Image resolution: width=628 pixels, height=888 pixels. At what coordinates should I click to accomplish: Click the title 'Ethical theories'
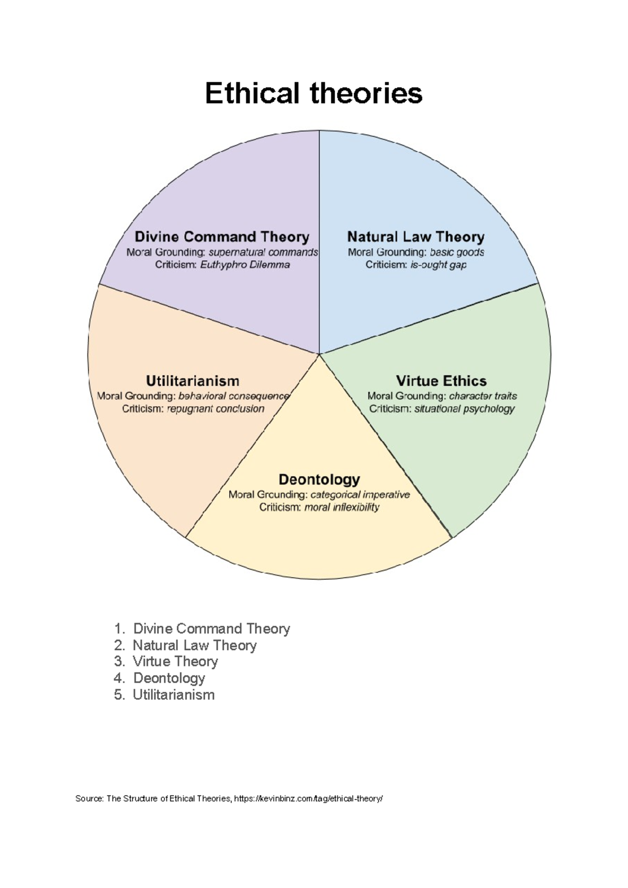[313, 93]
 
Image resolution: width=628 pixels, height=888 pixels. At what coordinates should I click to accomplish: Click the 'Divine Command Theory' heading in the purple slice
[222, 237]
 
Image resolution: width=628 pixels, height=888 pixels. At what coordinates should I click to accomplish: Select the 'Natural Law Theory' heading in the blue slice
[416, 237]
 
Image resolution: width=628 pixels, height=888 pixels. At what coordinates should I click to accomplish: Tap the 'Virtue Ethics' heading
[441, 381]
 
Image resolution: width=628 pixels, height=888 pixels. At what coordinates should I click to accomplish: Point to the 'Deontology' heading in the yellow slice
[319, 479]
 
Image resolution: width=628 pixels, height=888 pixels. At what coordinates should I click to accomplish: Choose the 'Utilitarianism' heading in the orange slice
[193, 381]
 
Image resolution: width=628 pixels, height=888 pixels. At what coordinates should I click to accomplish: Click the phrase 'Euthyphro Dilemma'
[245, 265]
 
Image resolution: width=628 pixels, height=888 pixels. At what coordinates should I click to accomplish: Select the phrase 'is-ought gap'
[438, 265]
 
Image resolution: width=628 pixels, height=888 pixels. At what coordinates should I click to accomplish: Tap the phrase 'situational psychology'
[464, 409]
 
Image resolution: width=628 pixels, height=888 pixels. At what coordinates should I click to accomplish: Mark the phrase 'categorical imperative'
[360, 495]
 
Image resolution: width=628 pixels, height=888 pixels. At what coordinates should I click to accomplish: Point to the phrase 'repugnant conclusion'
[216, 409]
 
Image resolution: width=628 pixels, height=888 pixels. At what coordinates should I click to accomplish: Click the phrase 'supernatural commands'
[263, 252]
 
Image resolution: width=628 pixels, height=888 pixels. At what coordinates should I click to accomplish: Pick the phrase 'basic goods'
[457, 252]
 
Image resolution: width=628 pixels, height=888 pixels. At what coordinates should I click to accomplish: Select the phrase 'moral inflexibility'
[342, 507]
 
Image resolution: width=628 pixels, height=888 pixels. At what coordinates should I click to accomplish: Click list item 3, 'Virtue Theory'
[175, 662]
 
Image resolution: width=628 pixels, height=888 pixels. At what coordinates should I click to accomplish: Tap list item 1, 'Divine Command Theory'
[211, 628]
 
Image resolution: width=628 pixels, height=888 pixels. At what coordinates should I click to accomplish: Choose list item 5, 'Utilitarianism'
[174, 695]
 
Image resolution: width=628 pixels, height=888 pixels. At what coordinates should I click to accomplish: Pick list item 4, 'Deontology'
[169, 678]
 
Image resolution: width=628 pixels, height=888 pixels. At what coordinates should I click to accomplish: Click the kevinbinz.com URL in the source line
[308, 798]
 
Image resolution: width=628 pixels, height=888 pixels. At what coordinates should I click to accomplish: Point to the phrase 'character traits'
[483, 396]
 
